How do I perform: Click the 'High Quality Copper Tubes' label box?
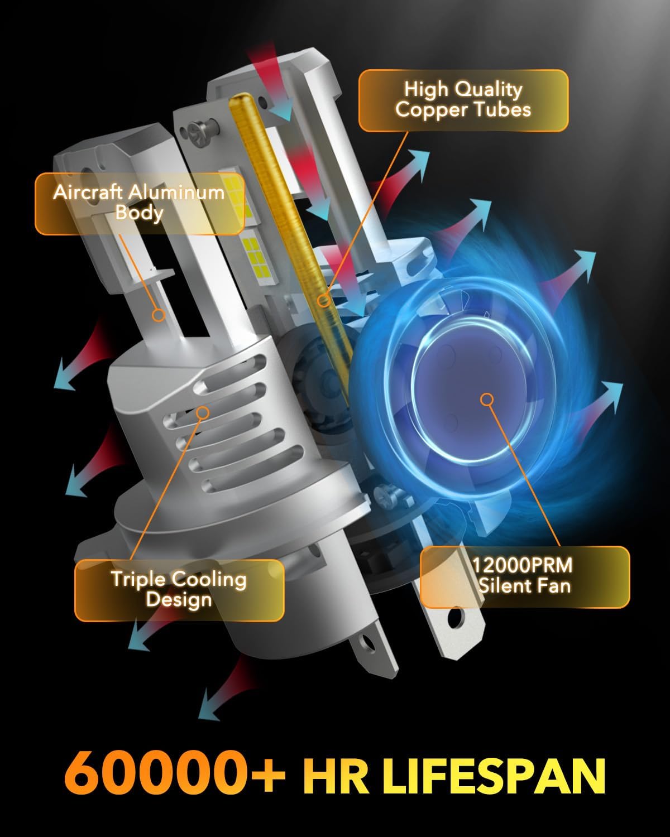point(463,100)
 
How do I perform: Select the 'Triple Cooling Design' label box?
point(179,590)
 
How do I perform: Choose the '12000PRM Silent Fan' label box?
point(524,576)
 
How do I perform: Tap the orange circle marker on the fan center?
point(487,399)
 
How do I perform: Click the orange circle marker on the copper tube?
point(323,301)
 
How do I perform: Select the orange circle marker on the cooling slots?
point(203,412)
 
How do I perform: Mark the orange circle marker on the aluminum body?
point(159,315)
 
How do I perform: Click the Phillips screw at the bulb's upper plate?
point(198,134)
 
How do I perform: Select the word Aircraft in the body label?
point(88,193)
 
